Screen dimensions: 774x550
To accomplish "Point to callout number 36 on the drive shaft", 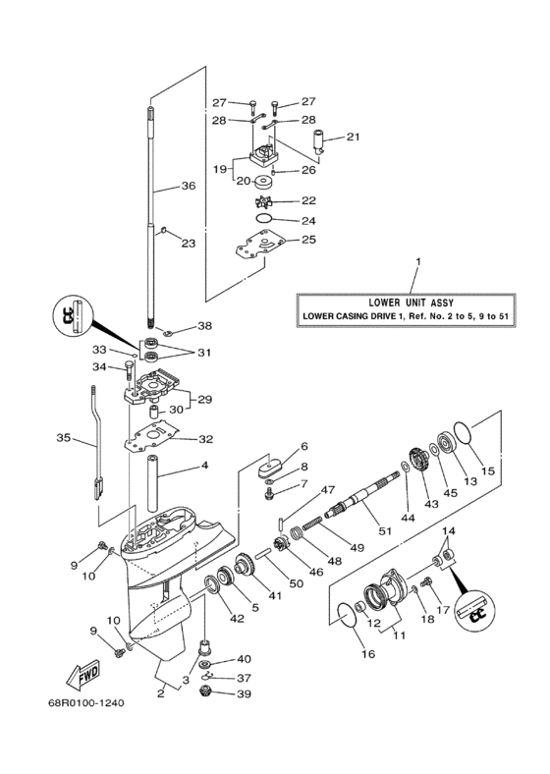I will tap(189, 185).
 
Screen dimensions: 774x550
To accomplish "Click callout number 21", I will tap(353, 137).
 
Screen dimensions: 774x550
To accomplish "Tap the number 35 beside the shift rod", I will tap(64, 439).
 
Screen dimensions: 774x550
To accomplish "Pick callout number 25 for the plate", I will tap(307, 239).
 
